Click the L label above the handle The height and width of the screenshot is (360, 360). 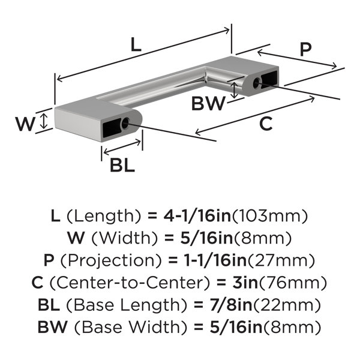coord(136,44)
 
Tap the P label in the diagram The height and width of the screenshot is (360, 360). coord(306,50)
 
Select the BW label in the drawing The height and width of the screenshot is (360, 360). coord(208,104)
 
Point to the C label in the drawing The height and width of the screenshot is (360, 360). coord(266,124)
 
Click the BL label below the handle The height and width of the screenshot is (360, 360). coord(122,165)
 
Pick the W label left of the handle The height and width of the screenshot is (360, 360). coord(25,124)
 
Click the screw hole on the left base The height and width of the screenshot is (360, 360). coord(125,124)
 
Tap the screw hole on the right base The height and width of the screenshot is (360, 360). coord(257,83)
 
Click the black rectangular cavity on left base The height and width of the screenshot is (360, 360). coord(112,128)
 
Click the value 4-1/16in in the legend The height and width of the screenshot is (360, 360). coord(197,216)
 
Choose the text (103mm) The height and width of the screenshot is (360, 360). coord(270,217)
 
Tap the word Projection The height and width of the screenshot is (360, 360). coord(112,261)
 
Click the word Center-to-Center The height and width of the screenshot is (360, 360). coord(130,283)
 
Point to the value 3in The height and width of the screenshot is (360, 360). coord(245,283)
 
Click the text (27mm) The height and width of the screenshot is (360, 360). coord(281,261)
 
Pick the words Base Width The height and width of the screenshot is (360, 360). coord(131,327)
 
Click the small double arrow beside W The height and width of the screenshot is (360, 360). coord(44,121)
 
